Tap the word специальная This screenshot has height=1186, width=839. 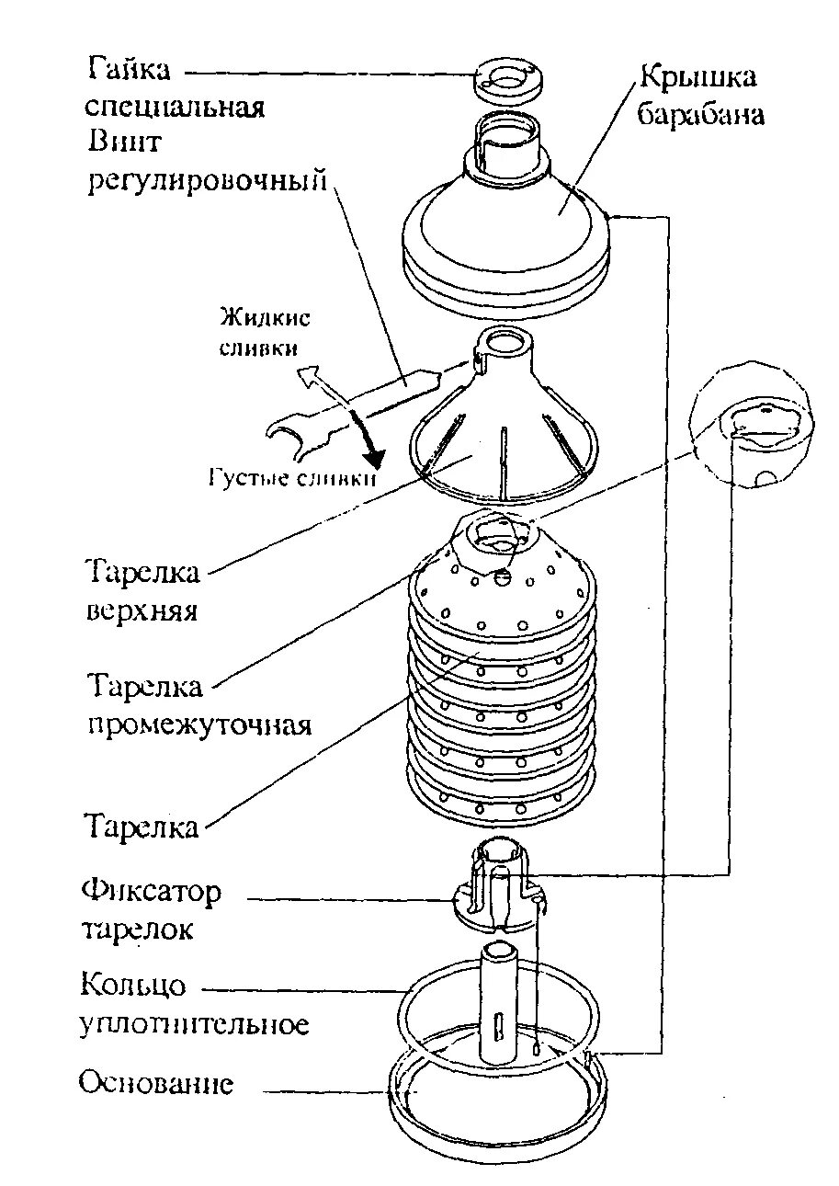[175, 107]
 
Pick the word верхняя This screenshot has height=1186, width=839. [143, 610]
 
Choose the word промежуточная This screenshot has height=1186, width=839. [199, 724]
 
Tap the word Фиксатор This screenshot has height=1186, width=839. [152, 892]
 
